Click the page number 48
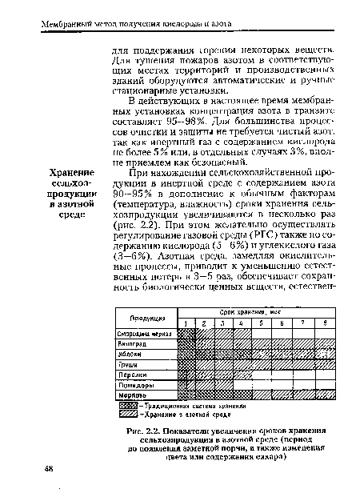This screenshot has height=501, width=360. pyautogui.click(x=49, y=467)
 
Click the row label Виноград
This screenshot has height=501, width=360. pyautogui.click(x=133, y=343)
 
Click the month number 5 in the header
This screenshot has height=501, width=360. pyautogui.click(x=261, y=321)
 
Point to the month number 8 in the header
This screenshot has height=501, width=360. pyautogui.click(x=323, y=321)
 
